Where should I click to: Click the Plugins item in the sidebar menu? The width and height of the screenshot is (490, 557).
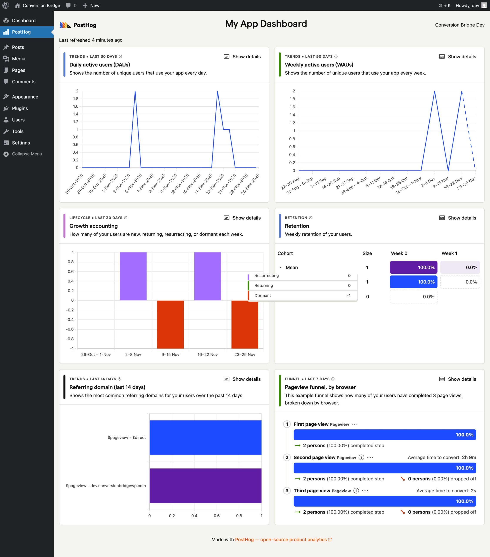coord(20,108)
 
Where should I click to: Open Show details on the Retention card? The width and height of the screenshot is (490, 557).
coord(458,218)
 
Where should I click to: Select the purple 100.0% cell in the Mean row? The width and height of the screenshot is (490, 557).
coord(413,267)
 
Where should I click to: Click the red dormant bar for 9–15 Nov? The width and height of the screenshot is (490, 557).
coord(170,324)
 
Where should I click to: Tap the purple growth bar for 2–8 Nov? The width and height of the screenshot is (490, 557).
coord(133,276)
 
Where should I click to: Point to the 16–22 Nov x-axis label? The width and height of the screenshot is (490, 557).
coord(207,354)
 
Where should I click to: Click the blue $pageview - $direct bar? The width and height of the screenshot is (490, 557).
coord(205,437)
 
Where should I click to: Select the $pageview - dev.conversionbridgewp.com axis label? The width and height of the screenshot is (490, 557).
coord(106,486)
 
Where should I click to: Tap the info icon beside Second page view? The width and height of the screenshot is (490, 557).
coord(361,458)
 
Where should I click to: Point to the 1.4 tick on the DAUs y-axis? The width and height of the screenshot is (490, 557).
coord(75,114)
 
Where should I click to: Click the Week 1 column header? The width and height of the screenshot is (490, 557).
coord(449,253)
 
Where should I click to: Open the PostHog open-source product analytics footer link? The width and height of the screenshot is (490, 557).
coord(283,540)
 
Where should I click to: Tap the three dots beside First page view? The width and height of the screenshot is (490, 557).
coord(354,424)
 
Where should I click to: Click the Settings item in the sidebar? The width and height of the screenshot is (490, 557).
coord(21,143)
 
